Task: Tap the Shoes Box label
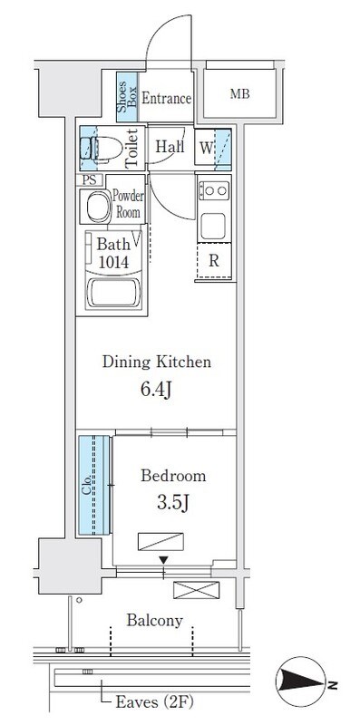coord(127,97)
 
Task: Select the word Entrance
coord(166,98)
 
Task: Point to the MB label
coord(240,94)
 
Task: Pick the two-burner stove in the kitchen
coord(214,190)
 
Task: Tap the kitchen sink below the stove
coord(213,226)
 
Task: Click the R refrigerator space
coord(214,261)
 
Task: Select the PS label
coord(90,179)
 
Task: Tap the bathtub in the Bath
coord(113,293)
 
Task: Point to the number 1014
coord(113,262)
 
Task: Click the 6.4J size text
coord(156,390)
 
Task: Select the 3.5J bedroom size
coord(172,503)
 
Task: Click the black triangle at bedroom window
coord(163,560)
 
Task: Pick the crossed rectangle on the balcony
coord(196,590)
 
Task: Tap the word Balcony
coord(154,621)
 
